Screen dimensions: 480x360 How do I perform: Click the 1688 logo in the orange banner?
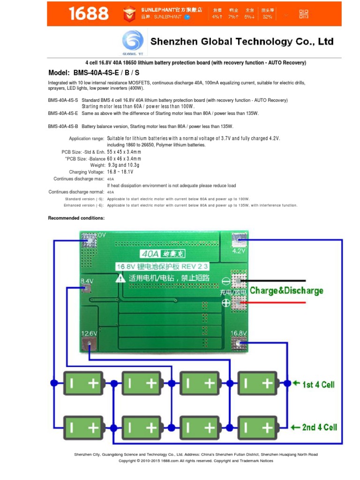click(88, 14)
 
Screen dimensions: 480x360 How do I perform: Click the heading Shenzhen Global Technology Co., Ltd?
click(242, 42)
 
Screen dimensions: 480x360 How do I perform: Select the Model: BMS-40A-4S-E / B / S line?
click(94, 73)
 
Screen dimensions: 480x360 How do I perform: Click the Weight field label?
click(97, 165)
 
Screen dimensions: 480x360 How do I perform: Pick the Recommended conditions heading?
click(76, 218)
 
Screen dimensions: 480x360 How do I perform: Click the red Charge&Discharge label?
click(286, 291)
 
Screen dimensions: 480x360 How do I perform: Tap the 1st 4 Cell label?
click(318, 384)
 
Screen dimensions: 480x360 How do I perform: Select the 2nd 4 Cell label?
click(318, 427)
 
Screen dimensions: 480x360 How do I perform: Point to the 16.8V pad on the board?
click(239, 343)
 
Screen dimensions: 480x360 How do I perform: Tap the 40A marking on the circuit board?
click(150, 254)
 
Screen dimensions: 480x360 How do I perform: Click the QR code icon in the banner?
click(304, 14)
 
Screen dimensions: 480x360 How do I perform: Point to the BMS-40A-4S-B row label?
click(63, 127)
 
